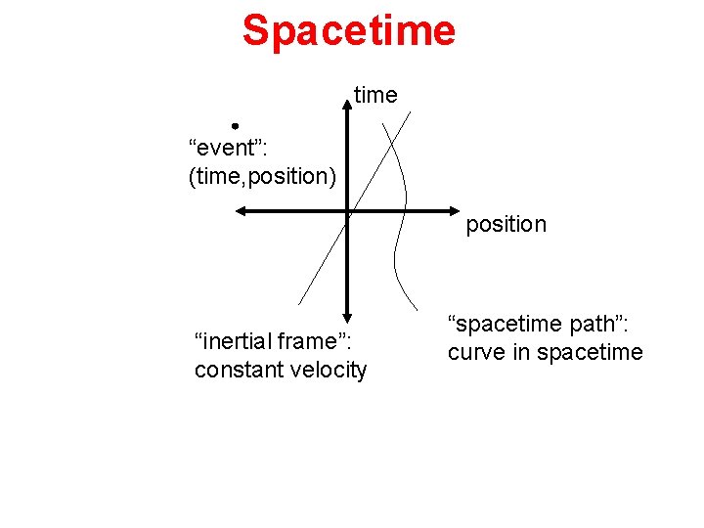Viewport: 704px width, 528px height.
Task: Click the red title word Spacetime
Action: click(x=349, y=30)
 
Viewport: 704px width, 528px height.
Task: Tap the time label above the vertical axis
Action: click(x=375, y=95)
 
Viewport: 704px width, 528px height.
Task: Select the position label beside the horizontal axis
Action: click(x=506, y=224)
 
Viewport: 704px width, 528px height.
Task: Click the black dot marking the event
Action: click(x=236, y=126)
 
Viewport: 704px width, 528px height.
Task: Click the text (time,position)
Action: click(x=262, y=176)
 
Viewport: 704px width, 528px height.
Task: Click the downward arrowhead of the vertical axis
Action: click(x=348, y=317)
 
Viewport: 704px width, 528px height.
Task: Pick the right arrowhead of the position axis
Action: click(x=457, y=210)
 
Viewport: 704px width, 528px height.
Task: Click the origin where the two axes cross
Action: click(x=348, y=210)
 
